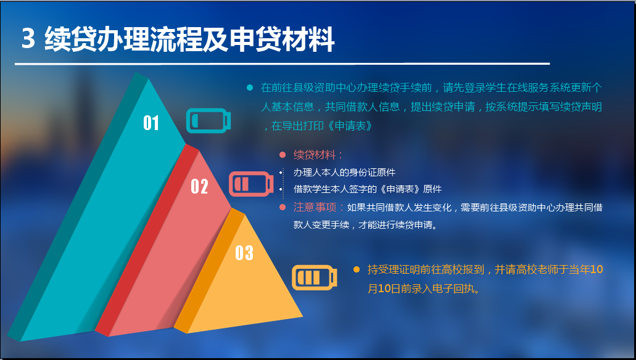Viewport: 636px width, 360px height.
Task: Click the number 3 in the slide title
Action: pos(28,39)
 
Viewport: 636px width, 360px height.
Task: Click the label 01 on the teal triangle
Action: pos(151,123)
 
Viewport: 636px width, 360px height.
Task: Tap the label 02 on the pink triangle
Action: pos(199,187)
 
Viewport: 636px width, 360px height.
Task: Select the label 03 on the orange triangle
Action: pos(244,253)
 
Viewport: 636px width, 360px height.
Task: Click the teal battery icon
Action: pos(209,120)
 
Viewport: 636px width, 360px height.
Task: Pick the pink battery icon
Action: pos(251,184)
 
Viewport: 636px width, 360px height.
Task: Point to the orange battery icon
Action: pos(315,277)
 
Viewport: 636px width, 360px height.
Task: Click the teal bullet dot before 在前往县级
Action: pos(250,88)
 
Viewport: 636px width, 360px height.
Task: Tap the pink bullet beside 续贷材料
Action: pos(283,155)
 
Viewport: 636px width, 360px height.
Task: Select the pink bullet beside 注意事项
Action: pos(283,208)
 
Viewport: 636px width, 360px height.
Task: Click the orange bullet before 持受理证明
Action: pos(357,269)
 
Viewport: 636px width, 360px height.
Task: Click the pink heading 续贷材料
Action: pos(315,155)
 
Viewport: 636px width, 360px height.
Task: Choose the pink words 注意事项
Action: pos(315,208)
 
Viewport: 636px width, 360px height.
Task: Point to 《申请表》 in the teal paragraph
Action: pos(350,126)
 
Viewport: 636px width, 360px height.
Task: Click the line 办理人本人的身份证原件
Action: pos(344,173)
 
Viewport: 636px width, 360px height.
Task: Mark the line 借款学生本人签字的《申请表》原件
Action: pos(368,189)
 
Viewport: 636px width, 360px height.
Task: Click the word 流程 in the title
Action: pos(176,39)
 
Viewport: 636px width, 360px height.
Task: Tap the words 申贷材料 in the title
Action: pos(282,39)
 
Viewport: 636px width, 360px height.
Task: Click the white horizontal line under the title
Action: pos(283,63)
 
